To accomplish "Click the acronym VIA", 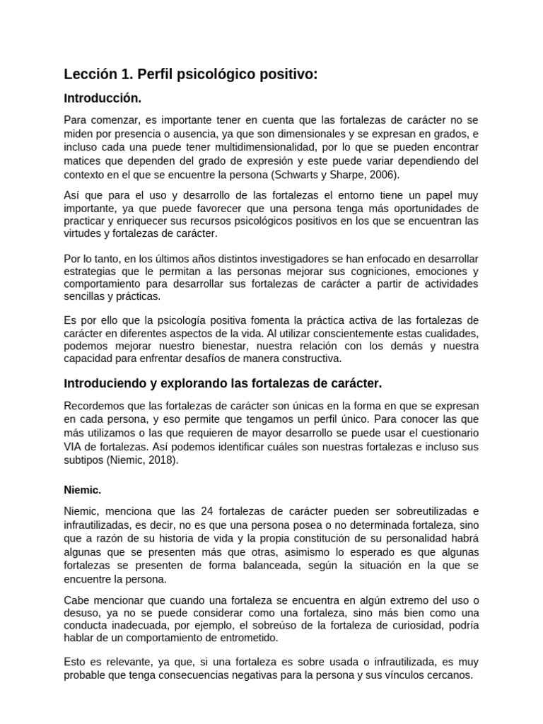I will (74, 447).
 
